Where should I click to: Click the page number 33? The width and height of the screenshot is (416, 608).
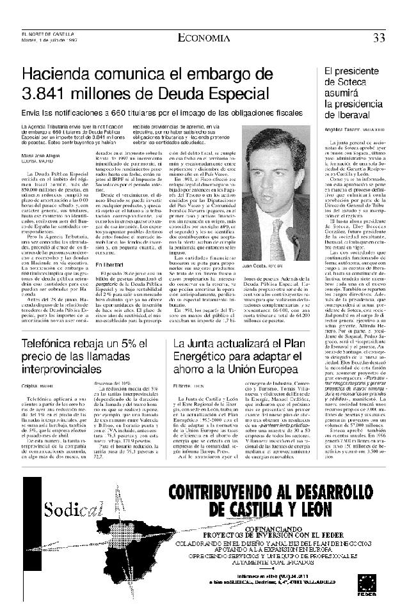379,38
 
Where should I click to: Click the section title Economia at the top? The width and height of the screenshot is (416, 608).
202,37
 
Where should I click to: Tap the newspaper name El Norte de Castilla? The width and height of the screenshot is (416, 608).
47,35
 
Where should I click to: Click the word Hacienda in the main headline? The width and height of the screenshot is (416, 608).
58,74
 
